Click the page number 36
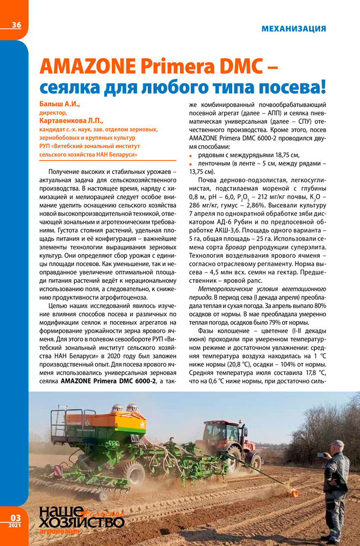(x=16, y=25)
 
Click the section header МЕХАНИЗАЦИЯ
(x=293, y=28)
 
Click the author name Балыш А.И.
(x=59, y=104)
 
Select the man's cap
(x=337, y=443)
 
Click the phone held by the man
(x=321, y=455)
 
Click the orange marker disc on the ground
(x=293, y=492)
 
